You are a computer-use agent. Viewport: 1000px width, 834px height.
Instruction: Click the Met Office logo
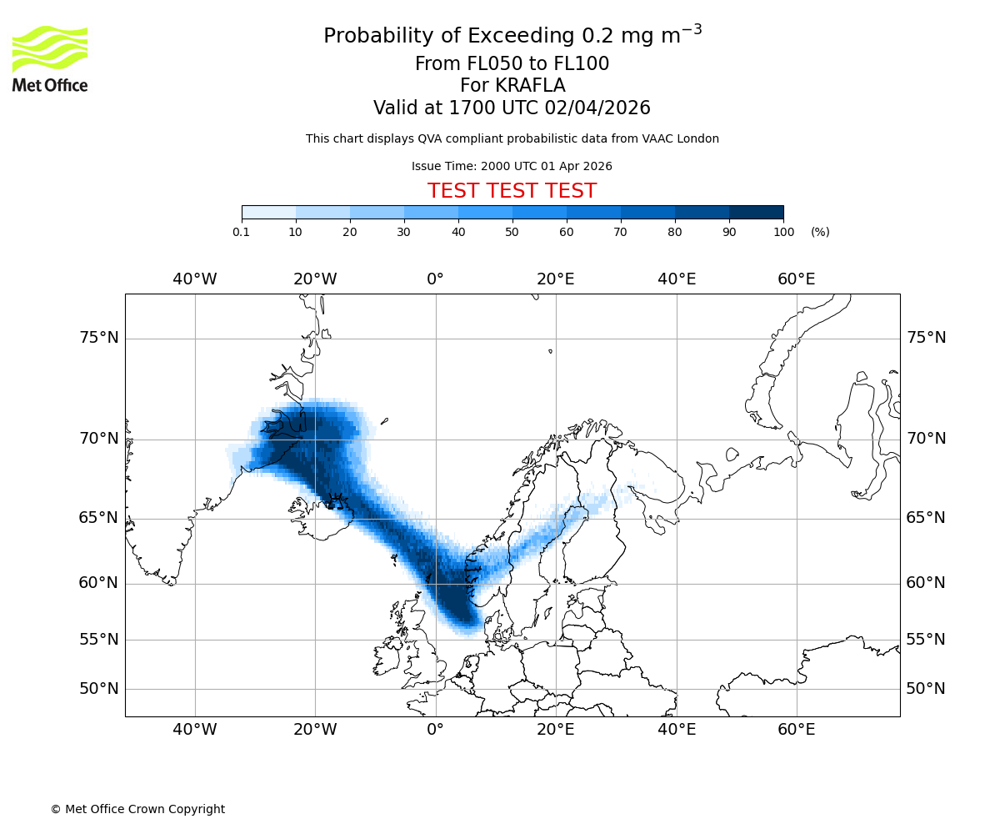(x=50, y=58)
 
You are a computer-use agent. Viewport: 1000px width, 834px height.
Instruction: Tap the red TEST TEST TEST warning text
(x=512, y=191)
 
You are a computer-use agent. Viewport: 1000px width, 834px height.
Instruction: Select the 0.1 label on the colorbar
(x=241, y=232)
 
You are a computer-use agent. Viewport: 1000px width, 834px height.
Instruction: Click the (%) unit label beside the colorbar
(x=820, y=232)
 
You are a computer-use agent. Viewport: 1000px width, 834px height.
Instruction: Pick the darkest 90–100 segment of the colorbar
(x=756, y=212)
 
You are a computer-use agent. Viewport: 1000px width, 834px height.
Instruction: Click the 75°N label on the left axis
(x=98, y=338)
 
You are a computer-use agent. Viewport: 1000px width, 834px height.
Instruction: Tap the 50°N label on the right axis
(x=926, y=689)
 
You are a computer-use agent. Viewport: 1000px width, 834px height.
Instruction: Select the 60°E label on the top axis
(x=797, y=279)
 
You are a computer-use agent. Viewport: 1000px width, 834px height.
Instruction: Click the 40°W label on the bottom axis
(x=195, y=730)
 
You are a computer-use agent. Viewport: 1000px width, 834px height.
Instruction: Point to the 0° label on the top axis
(x=435, y=279)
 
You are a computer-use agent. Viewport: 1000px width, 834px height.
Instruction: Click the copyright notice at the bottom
(x=137, y=809)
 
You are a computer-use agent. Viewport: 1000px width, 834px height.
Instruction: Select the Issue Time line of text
(x=512, y=166)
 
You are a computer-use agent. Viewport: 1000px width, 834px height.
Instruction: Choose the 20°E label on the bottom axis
(x=556, y=730)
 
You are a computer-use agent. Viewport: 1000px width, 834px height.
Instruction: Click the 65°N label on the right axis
(x=926, y=518)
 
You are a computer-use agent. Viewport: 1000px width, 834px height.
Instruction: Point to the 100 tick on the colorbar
(x=783, y=232)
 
